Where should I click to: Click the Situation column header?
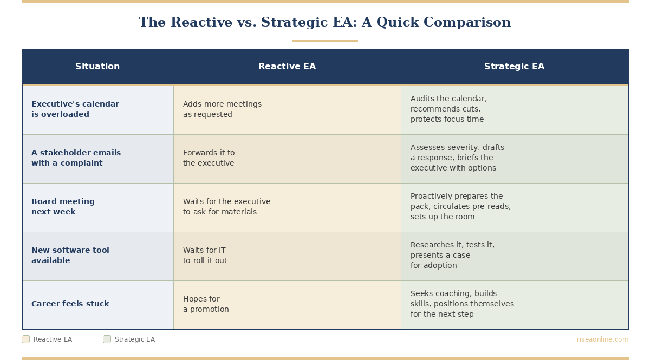tap(97, 67)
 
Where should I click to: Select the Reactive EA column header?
tap(287, 67)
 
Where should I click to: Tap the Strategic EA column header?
tap(514, 67)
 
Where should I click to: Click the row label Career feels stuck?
tap(70, 304)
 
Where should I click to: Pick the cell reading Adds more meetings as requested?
tap(222, 109)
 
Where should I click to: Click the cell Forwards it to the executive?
tap(209, 158)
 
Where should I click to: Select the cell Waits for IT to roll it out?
tap(205, 256)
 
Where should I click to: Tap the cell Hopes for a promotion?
tap(206, 304)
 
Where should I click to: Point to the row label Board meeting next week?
tap(63, 207)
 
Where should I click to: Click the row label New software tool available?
tap(70, 256)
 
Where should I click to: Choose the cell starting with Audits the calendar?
tap(448, 109)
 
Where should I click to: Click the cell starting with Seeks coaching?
tap(462, 304)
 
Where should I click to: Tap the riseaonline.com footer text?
tap(602, 339)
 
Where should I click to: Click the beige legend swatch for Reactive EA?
tap(25, 339)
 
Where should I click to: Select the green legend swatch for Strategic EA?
tap(107, 339)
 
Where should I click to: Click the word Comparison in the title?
tap(467, 23)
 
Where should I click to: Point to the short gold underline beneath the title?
tap(325, 41)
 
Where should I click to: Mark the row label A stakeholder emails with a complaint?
tap(76, 158)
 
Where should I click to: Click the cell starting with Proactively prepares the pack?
tap(460, 207)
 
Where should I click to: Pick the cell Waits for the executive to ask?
tap(226, 207)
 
